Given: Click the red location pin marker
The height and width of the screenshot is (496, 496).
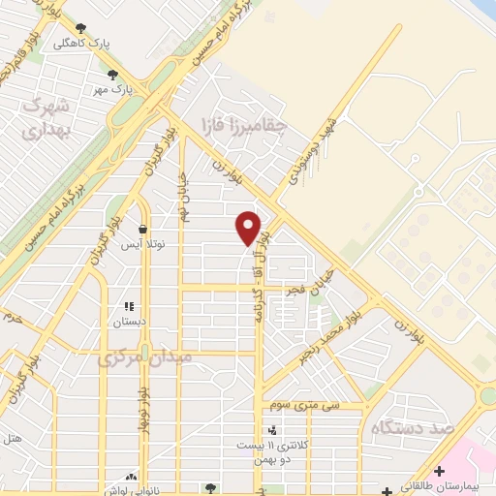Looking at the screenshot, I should point(249,228).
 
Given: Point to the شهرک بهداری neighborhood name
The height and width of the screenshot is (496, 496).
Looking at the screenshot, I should point(46,115).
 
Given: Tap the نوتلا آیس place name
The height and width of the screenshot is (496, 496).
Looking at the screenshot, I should point(142,245).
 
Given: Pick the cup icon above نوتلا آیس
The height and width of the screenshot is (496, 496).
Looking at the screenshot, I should point(143,230).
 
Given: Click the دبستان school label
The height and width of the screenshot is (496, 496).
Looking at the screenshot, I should point(129,321).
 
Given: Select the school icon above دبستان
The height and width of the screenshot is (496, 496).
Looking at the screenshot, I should point(128,306).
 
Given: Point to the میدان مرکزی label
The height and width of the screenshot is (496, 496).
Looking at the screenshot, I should point(145,358).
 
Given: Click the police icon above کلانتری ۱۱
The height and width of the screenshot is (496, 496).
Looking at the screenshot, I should point(272,429).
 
